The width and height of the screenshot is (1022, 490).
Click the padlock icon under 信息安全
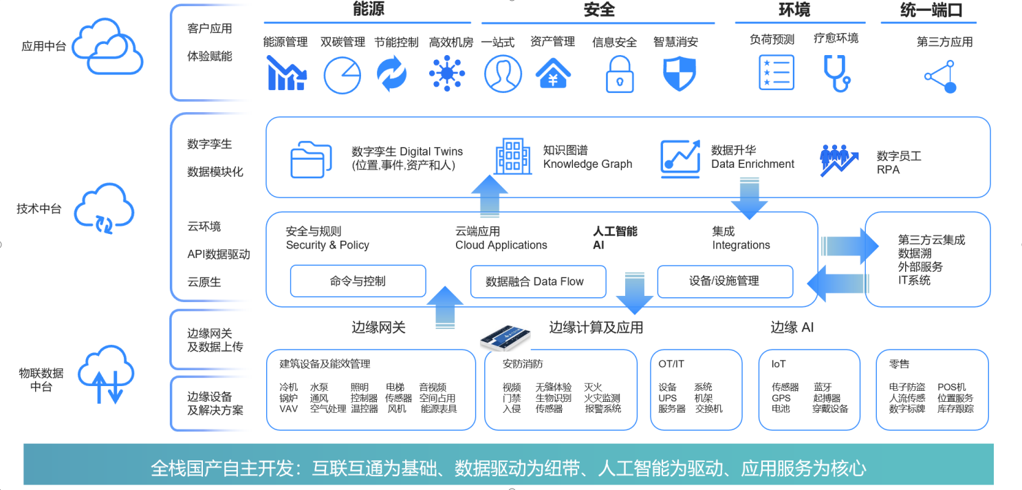pos(620,74)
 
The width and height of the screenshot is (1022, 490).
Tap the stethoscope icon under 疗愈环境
pos(836,73)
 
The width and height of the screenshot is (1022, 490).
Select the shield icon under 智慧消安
pos(679,74)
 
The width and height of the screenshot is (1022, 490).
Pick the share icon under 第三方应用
pos(941,76)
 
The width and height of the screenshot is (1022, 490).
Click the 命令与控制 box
pos(358,281)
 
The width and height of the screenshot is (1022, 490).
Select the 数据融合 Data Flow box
pos(538,281)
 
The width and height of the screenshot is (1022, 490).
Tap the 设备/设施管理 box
pos(724,281)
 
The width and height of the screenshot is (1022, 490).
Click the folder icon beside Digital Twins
pos(307,160)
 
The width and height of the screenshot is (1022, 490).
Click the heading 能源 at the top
pos(369,10)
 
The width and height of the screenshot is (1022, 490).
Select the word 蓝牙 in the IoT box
pos(823,387)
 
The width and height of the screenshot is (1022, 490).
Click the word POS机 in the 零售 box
pos(952,387)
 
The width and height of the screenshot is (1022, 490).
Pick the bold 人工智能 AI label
pos(615,238)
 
